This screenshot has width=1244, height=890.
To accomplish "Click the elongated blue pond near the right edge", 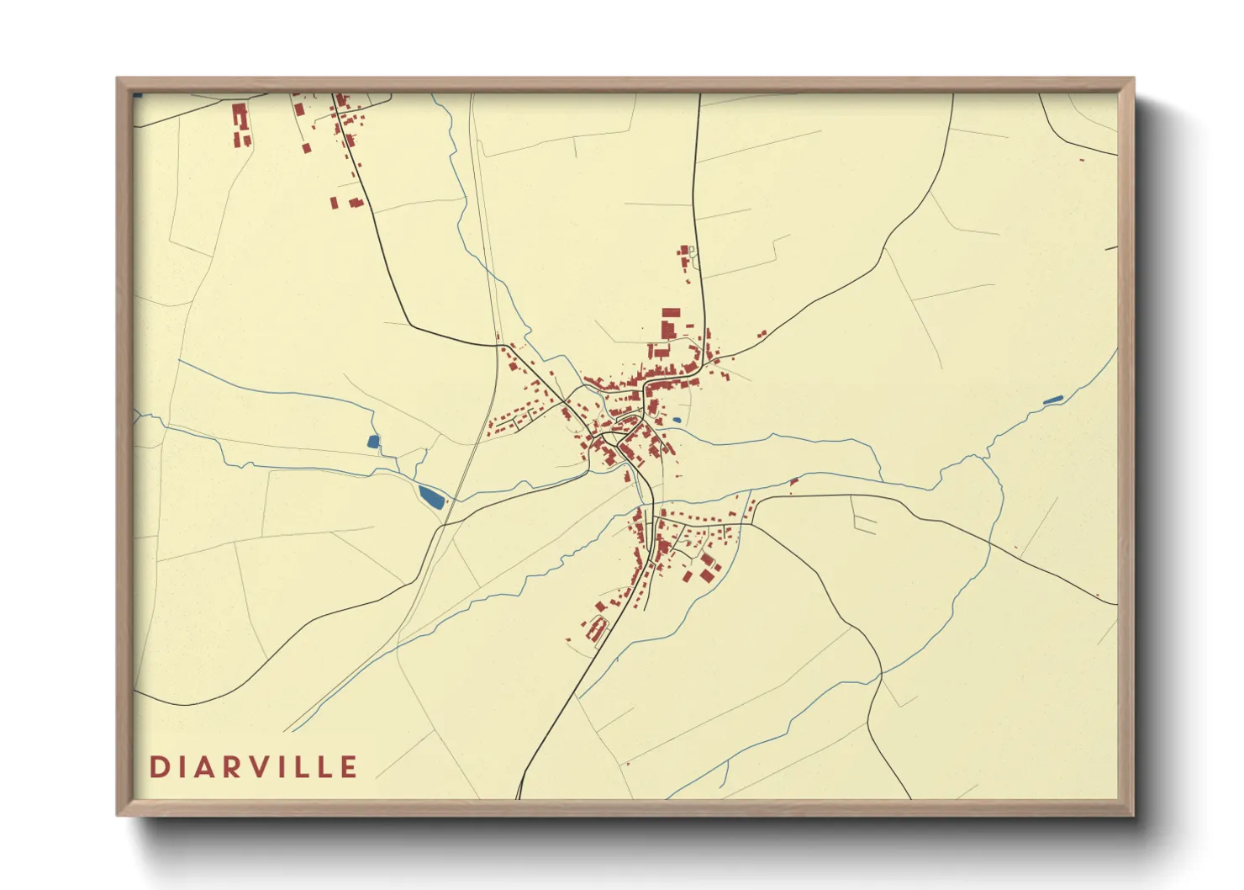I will (x=1053, y=400).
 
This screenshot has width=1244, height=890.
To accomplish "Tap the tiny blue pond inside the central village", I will (x=676, y=420).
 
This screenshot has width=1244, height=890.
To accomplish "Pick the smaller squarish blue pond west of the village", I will (x=373, y=441).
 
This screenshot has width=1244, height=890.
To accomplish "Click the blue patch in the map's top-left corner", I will (x=138, y=96).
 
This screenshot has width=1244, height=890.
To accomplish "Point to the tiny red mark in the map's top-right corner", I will (x=1082, y=160).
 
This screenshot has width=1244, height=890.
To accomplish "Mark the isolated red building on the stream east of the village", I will (x=793, y=482).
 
